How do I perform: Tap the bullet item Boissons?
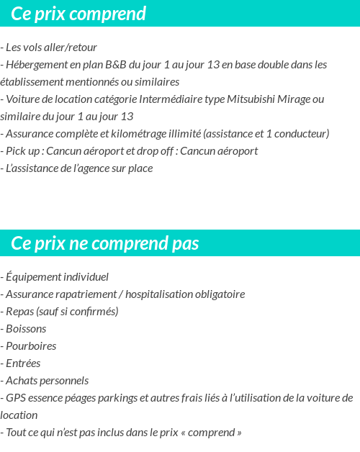[26, 329]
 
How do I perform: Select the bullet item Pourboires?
[31, 346]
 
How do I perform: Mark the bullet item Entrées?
[23, 363]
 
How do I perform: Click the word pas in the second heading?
[186, 243]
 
